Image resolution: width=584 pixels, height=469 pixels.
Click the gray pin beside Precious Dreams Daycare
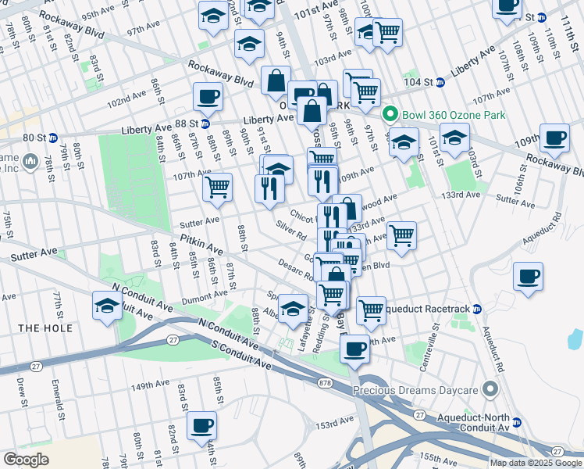490,388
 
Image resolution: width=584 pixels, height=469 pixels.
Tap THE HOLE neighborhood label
45,328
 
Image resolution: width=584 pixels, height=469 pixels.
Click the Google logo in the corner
27,459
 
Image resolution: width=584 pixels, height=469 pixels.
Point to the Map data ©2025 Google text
536,463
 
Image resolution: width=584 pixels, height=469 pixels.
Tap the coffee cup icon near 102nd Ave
208,97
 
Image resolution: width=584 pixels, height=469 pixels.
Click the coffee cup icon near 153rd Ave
202,425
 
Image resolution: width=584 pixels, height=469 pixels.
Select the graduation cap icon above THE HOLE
106,305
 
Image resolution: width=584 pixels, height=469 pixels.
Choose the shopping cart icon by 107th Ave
217,187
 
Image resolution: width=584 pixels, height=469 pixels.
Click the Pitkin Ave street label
201,245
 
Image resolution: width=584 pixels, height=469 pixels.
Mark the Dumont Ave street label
205,295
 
